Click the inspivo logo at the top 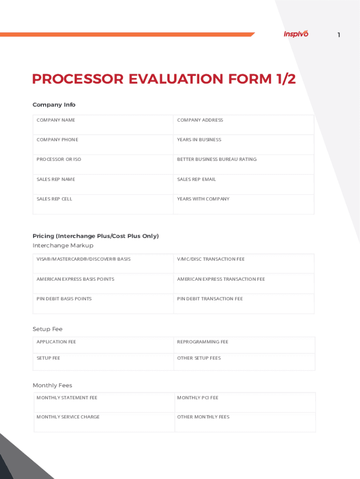(x=296, y=34)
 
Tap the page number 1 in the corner (x=339, y=35)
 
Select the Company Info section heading (x=54, y=105)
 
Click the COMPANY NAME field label (x=56, y=120)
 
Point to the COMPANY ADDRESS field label (x=200, y=120)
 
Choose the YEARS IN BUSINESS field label (x=199, y=140)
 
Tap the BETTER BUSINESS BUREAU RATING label (x=217, y=160)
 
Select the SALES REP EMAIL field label (x=196, y=180)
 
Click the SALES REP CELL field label (x=54, y=199)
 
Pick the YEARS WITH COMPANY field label (x=203, y=199)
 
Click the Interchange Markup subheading (x=63, y=246)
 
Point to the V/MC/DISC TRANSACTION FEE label (x=211, y=259)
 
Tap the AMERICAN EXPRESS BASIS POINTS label (x=75, y=279)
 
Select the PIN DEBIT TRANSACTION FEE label (x=210, y=299)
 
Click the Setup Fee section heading (x=48, y=329)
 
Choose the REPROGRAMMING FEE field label (x=203, y=342)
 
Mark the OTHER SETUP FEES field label (x=199, y=358)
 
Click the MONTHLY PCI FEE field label (x=198, y=398)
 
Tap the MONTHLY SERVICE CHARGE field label (x=68, y=417)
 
